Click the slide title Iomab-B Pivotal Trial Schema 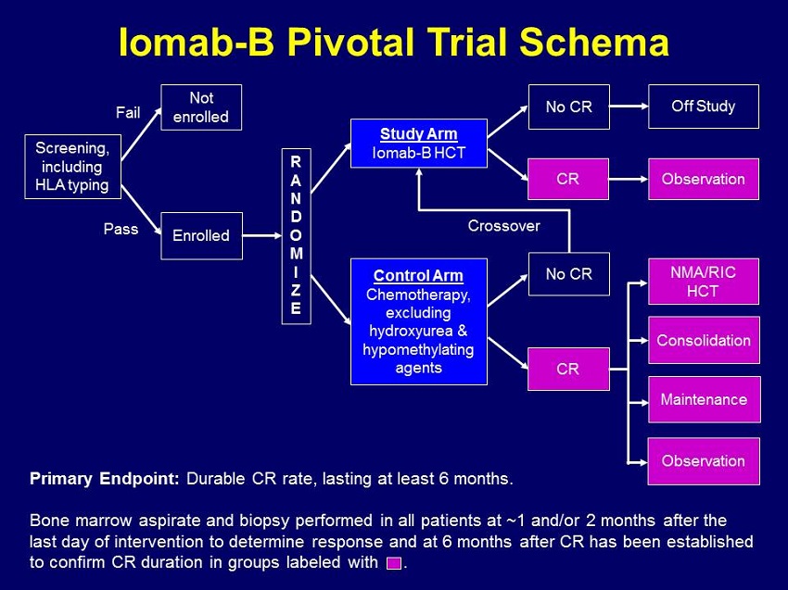click(x=394, y=42)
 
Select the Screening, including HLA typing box click(x=71, y=167)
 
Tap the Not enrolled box click(x=201, y=107)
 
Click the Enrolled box click(x=201, y=235)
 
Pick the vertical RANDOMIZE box click(x=296, y=235)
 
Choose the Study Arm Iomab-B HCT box click(x=419, y=143)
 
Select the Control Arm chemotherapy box click(x=419, y=321)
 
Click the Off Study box click(x=703, y=107)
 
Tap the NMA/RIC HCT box click(x=703, y=281)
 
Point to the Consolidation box click(x=703, y=340)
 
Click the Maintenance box click(x=703, y=399)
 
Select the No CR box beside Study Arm click(x=568, y=107)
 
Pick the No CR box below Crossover click(x=568, y=273)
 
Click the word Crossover click(x=503, y=226)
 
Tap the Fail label click(x=128, y=113)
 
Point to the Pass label click(x=121, y=230)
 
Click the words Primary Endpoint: click(x=106, y=479)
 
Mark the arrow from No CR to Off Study click(x=628, y=107)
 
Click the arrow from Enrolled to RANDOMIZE click(x=261, y=235)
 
